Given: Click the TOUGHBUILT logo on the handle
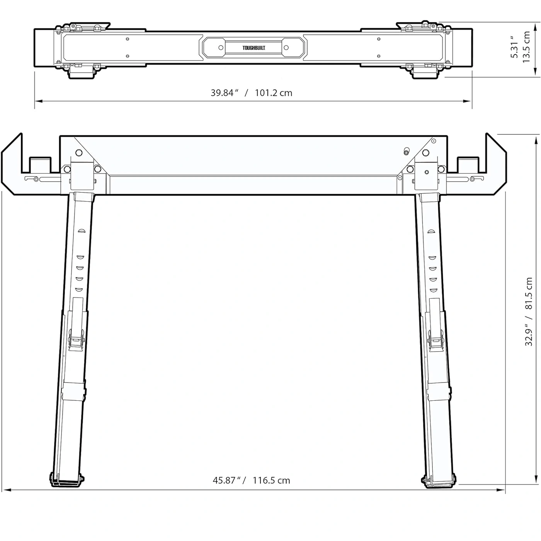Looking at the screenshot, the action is click(x=253, y=48).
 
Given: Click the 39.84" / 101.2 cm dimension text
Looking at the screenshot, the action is click(x=251, y=93).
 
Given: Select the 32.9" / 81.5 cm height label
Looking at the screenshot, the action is click(x=528, y=311).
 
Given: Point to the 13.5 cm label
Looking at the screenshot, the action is click(x=526, y=47).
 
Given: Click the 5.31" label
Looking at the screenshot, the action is click(x=514, y=47).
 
